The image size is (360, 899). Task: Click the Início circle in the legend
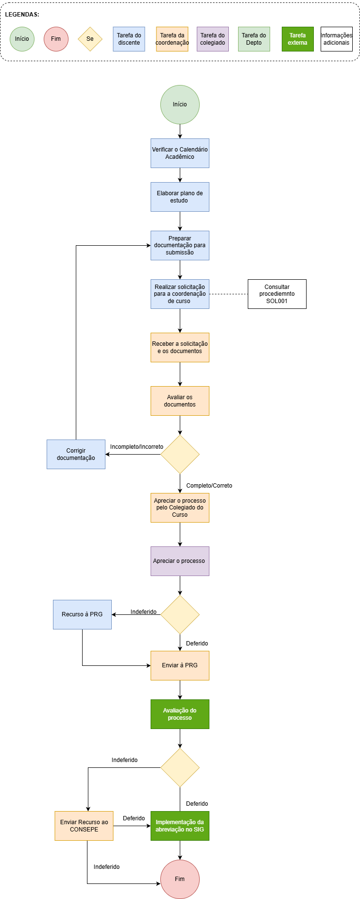click(x=22, y=39)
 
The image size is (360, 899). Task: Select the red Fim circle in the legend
click(x=56, y=39)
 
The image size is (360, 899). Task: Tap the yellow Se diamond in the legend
click(x=90, y=39)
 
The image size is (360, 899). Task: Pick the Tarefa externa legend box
click(x=297, y=39)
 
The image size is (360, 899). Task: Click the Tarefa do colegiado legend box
click(x=213, y=39)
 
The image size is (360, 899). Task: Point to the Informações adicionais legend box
click(x=336, y=39)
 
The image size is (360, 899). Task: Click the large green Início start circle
click(x=180, y=104)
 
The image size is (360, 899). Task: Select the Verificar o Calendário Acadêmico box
click(x=180, y=153)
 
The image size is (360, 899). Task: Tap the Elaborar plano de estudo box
click(x=180, y=197)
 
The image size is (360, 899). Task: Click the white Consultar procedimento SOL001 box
click(x=277, y=294)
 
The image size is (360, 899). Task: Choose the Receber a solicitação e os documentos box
click(x=180, y=347)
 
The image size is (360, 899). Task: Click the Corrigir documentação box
click(x=76, y=454)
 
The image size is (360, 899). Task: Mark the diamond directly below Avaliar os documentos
click(x=180, y=454)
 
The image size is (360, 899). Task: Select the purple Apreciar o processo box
click(x=180, y=561)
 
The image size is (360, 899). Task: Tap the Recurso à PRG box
click(x=82, y=614)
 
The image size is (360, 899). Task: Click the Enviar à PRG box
click(x=180, y=665)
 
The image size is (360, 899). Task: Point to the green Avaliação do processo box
click(x=180, y=714)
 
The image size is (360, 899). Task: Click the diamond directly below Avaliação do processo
click(x=180, y=767)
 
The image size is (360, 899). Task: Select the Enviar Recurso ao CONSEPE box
click(x=84, y=826)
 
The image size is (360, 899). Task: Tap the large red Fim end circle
click(x=180, y=879)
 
